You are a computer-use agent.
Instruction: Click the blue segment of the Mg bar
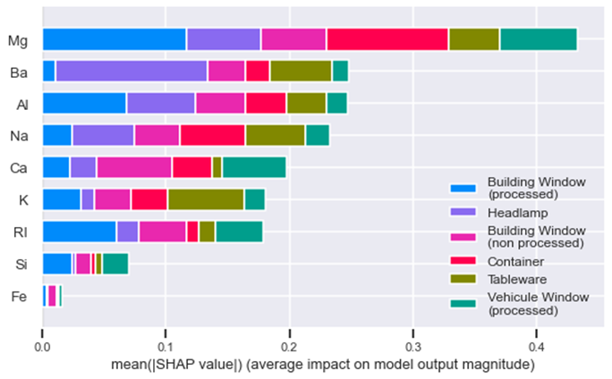pos(115,39)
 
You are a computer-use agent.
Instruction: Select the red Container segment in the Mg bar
pos(387,39)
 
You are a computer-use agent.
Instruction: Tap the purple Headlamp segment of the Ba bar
pos(132,72)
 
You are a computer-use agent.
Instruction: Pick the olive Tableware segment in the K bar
pos(206,199)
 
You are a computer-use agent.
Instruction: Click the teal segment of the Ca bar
pos(253,167)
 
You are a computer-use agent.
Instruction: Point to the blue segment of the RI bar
pos(80,232)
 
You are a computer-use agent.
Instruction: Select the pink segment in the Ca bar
pos(134,167)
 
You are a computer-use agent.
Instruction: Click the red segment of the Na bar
pos(212,135)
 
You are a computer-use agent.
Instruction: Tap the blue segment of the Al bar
pos(84,104)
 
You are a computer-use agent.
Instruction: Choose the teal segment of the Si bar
pos(115,264)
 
